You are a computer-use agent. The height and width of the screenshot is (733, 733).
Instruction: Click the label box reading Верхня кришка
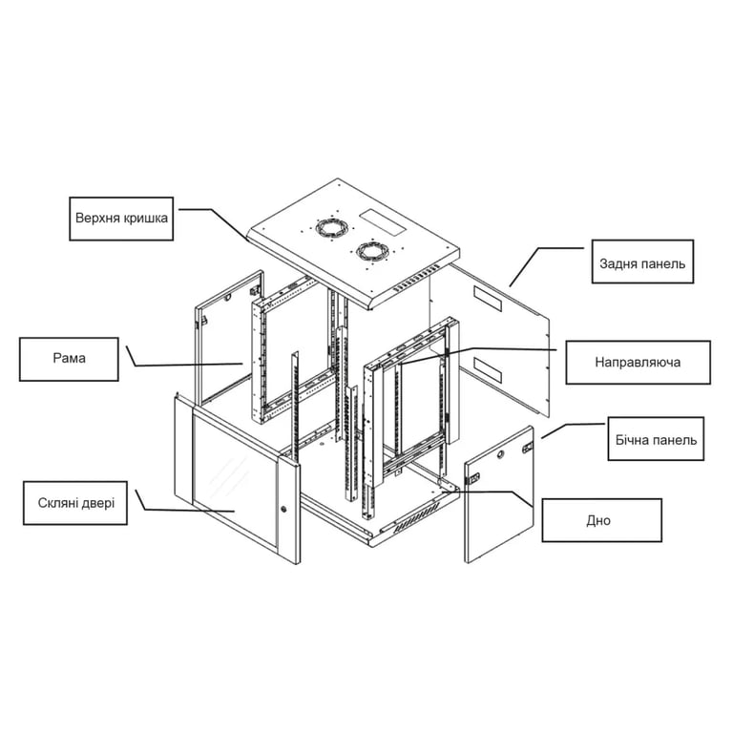tap(121, 219)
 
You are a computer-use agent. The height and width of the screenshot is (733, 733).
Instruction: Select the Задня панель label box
tap(642, 262)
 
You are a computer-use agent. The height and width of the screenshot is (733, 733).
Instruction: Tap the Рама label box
tap(69, 360)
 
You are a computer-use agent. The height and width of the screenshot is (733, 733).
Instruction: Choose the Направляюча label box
tap(639, 363)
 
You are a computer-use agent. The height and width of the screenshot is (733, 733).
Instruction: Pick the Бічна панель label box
tap(656, 439)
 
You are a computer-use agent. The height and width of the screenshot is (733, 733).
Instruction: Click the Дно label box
tap(602, 520)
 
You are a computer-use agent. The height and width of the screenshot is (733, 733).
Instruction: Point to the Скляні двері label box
tap(75, 504)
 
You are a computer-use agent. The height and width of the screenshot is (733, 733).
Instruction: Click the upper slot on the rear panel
tap(488, 299)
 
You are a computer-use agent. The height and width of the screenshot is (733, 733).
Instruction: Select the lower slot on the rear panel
tap(488, 369)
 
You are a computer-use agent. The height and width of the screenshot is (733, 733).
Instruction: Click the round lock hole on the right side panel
tap(501, 454)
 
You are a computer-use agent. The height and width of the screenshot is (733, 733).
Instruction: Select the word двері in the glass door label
tap(99, 504)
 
